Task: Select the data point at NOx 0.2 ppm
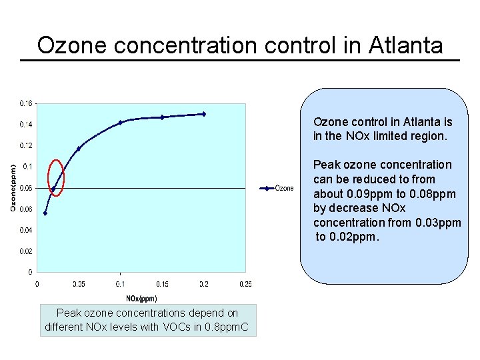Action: (203, 114)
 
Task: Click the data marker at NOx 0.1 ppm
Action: (120, 123)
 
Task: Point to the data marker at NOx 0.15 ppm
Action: (162, 117)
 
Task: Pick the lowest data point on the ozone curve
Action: (45, 213)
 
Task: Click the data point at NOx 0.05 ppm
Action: (79, 149)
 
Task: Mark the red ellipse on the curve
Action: (57, 178)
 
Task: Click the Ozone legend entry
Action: (283, 188)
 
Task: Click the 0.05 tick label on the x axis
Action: (78, 284)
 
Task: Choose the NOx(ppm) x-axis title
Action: (141, 299)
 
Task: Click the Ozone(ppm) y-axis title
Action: (13, 187)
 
